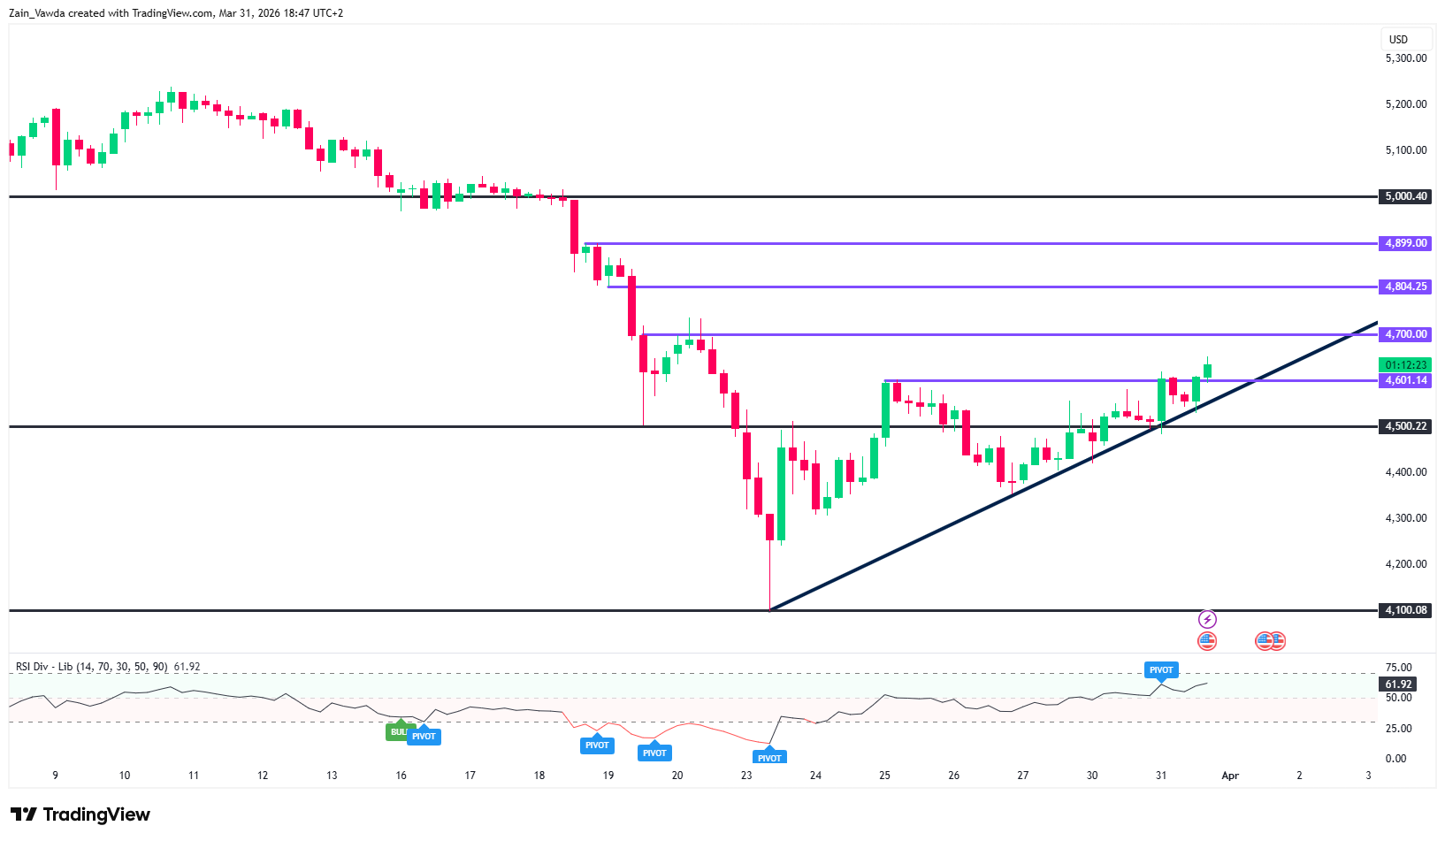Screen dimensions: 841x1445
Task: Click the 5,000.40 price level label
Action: click(1404, 196)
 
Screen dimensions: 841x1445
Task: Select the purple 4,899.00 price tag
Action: click(1404, 243)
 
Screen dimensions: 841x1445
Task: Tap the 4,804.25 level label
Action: click(1404, 287)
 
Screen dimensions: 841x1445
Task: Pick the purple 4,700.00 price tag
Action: click(1404, 334)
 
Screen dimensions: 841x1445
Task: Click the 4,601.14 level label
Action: click(1404, 380)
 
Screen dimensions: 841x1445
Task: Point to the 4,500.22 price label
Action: click(1404, 426)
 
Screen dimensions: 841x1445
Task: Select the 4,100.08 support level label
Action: click(1404, 610)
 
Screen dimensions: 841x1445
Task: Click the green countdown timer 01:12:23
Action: click(1404, 365)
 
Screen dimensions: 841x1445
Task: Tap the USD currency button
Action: click(1398, 39)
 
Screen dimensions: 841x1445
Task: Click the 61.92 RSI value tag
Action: click(1398, 684)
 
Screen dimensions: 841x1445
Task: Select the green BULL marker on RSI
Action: click(398, 731)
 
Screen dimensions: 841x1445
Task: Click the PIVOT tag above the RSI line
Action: click(1160, 670)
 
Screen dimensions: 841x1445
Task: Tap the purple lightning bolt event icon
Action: click(1207, 620)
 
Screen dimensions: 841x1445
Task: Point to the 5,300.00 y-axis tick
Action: click(1405, 58)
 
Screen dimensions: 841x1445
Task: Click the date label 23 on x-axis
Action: click(746, 776)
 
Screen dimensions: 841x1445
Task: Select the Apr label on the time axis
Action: click(1230, 776)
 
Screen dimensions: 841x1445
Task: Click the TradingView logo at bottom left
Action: click(80, 814)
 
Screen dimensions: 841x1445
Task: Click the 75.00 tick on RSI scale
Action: click(1398, 668)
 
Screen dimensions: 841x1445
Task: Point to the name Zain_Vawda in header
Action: click(36, 13)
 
